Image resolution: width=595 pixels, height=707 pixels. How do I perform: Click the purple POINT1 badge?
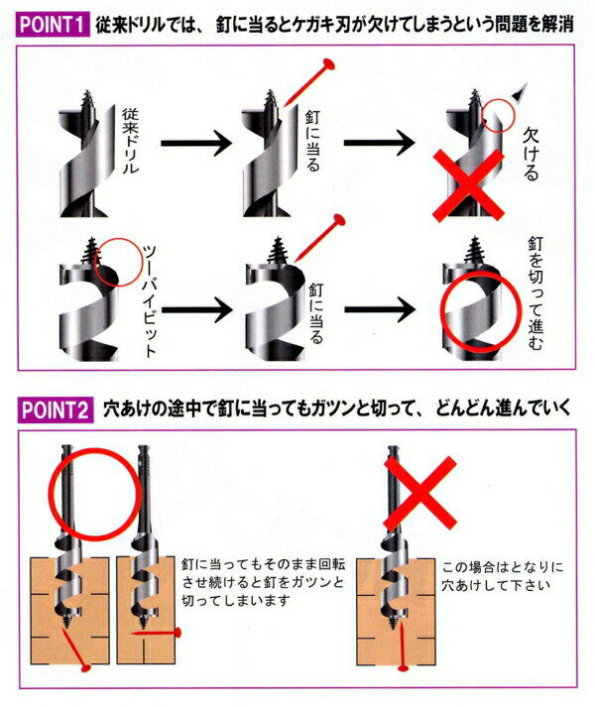pos(53,25)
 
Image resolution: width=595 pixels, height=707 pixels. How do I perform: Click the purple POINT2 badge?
pos(55,410)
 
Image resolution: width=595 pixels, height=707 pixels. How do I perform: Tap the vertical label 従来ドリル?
pos(130,140)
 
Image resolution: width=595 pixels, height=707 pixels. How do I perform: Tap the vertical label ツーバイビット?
pos(150,301)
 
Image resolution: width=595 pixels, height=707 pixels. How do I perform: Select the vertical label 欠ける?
pos(530,154)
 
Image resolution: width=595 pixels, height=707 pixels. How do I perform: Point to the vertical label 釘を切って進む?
pos(535,294)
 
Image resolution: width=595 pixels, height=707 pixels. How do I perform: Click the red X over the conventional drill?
pos(468,185)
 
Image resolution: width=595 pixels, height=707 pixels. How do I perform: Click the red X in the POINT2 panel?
pos(420,493)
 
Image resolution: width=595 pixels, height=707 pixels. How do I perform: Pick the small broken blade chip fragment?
pos(520,92)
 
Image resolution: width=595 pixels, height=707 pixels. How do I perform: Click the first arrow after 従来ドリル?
pos(196,143)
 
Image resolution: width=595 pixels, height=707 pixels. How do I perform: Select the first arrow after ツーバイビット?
pos(196,309)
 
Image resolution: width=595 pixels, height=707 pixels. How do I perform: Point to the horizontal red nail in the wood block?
pos(156,633)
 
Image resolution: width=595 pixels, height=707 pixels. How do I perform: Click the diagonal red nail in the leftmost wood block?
pos(75,649)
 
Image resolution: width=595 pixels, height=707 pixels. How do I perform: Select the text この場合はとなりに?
pos(503,567)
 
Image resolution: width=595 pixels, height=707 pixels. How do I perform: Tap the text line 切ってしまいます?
pos(235,600)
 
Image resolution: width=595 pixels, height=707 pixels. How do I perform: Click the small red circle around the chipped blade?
pos(498,115)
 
